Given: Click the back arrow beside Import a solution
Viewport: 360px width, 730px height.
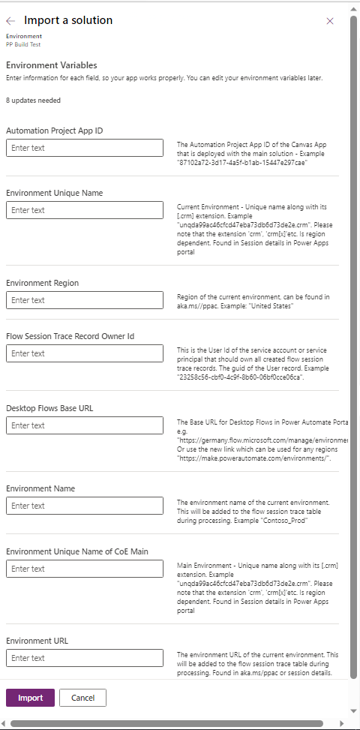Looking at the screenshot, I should click(11, 21).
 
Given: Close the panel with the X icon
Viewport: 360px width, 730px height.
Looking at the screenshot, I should click(330, 21).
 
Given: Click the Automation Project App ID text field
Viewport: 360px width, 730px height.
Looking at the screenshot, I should click(85, 148).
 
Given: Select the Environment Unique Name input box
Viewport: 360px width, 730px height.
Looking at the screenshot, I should click(85, 210).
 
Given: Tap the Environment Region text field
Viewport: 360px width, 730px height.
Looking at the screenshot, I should click(85, 300).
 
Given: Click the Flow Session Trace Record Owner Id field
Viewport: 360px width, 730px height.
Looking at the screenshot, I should click(85, 353).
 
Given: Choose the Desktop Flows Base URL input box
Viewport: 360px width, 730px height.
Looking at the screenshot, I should click(85, 425).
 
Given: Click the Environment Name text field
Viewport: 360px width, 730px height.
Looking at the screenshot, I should click(85, 506).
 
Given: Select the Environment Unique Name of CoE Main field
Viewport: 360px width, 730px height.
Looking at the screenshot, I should click(85, 569).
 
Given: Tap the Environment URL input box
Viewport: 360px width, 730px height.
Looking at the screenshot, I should click(85, 658).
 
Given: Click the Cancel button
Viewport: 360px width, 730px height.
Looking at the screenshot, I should click(82, 698).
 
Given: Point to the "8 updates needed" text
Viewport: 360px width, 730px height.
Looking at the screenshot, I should click(34, 100).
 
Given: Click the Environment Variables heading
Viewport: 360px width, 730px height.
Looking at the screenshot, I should click(52, 65).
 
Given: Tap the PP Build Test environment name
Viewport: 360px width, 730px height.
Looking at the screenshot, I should click(23, 44).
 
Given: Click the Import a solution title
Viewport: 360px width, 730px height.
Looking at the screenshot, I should click(68, 21).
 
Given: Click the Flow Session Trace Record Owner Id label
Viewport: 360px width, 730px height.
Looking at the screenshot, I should click(70, 336).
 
